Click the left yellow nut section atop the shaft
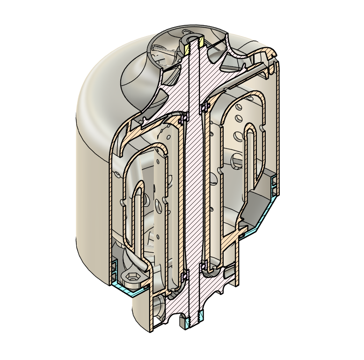tap(187, 48)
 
